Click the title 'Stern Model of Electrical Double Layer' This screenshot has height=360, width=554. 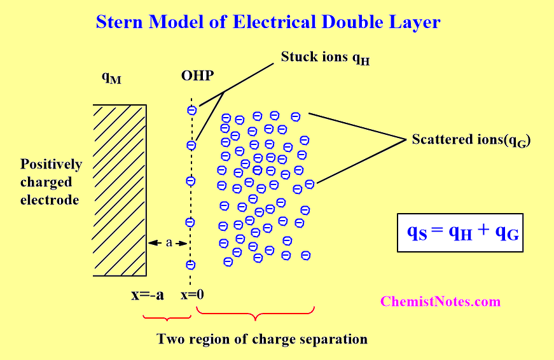click(268, 22)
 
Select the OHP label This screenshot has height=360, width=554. click(197, 77)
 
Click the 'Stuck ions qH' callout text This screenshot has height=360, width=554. click(325, 58)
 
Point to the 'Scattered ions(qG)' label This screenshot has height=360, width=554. click(471, 140)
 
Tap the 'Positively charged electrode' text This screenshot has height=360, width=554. click(51, 182)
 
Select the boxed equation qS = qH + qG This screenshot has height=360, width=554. click(460, 233)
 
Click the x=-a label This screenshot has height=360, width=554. click(148, 295)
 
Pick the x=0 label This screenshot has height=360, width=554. click(192, 295)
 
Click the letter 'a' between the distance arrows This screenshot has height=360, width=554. click(169, 242)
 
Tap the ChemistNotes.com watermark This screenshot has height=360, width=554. click(440, 301)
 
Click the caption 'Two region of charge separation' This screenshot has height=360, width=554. click(262, 339)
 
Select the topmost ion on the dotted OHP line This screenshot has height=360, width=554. click(191, 111)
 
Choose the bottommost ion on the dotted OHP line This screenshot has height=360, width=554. click(190, 265)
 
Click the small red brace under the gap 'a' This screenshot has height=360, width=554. click(165, 316)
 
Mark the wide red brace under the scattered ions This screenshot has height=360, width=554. click(256, 314)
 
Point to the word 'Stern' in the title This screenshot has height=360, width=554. click(120, 22)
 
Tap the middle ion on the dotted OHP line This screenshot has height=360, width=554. click(190, 181)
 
